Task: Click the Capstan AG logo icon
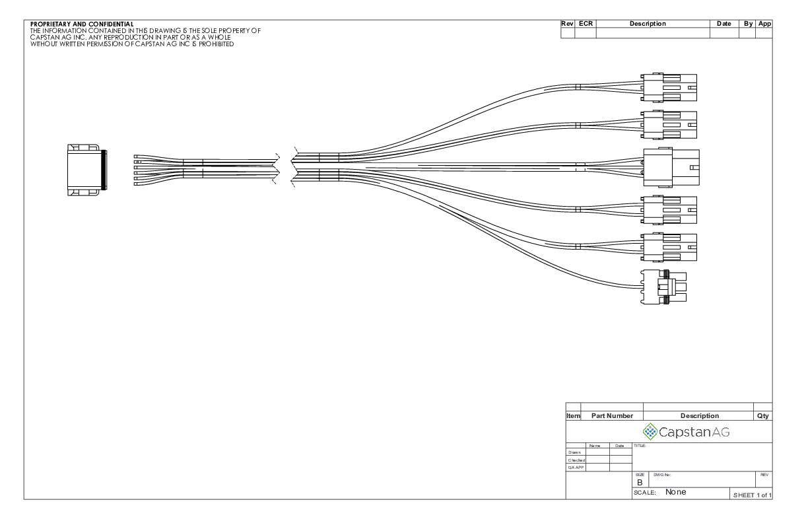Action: (651, 432)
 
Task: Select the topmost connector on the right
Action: (669, 87)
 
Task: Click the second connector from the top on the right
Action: (669, 124)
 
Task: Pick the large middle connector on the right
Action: (671, 168)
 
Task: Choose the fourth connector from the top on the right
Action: (669, 210)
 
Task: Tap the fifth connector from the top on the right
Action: (669, 247)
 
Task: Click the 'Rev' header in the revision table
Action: (567, 24)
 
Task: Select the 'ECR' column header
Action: (586, 24)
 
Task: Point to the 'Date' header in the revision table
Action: (724, 24)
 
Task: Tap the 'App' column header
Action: (764, 24)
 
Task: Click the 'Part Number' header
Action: (611, 416)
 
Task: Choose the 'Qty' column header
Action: (762, 416)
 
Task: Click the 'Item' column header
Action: (573, 416)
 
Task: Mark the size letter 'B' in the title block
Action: (639, 483)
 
